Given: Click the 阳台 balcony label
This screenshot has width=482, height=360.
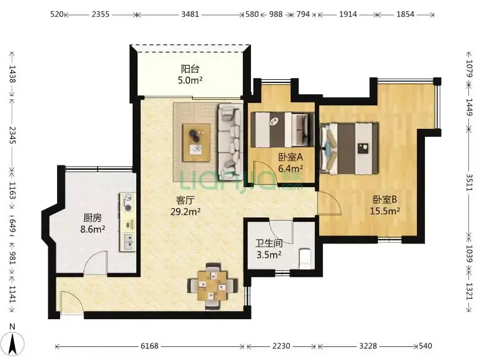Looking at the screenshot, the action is coord(190,68).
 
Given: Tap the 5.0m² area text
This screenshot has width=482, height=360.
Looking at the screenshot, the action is coord(190,80).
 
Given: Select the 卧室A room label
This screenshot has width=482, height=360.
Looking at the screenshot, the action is coord(291,157).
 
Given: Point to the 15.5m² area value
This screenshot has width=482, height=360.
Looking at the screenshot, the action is coord(385,211).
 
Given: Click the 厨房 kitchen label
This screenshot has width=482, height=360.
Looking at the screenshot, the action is coord(92,218).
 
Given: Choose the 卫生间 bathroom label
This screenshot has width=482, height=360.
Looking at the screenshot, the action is coord(269,243).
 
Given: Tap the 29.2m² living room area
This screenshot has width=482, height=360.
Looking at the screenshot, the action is coord(186,211).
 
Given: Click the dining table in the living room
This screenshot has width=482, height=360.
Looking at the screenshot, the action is coord(213,286).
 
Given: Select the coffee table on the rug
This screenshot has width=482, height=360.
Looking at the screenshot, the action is coord(196,143).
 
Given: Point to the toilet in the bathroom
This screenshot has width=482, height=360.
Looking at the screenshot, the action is coord(305,258).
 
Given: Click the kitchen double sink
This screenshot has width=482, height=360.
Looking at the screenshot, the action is coord(128,242).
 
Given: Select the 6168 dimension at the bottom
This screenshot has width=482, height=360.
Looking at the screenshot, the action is coord(149,346).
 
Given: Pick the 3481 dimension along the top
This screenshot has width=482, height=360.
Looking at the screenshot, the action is coord(190,14).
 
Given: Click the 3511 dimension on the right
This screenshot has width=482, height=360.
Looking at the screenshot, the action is coord(469,182).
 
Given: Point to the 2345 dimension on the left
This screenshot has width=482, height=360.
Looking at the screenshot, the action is coord(12,135).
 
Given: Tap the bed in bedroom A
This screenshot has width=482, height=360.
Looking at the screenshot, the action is coord(282,130).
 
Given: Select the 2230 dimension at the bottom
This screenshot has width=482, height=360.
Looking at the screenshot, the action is coord(281,346).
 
